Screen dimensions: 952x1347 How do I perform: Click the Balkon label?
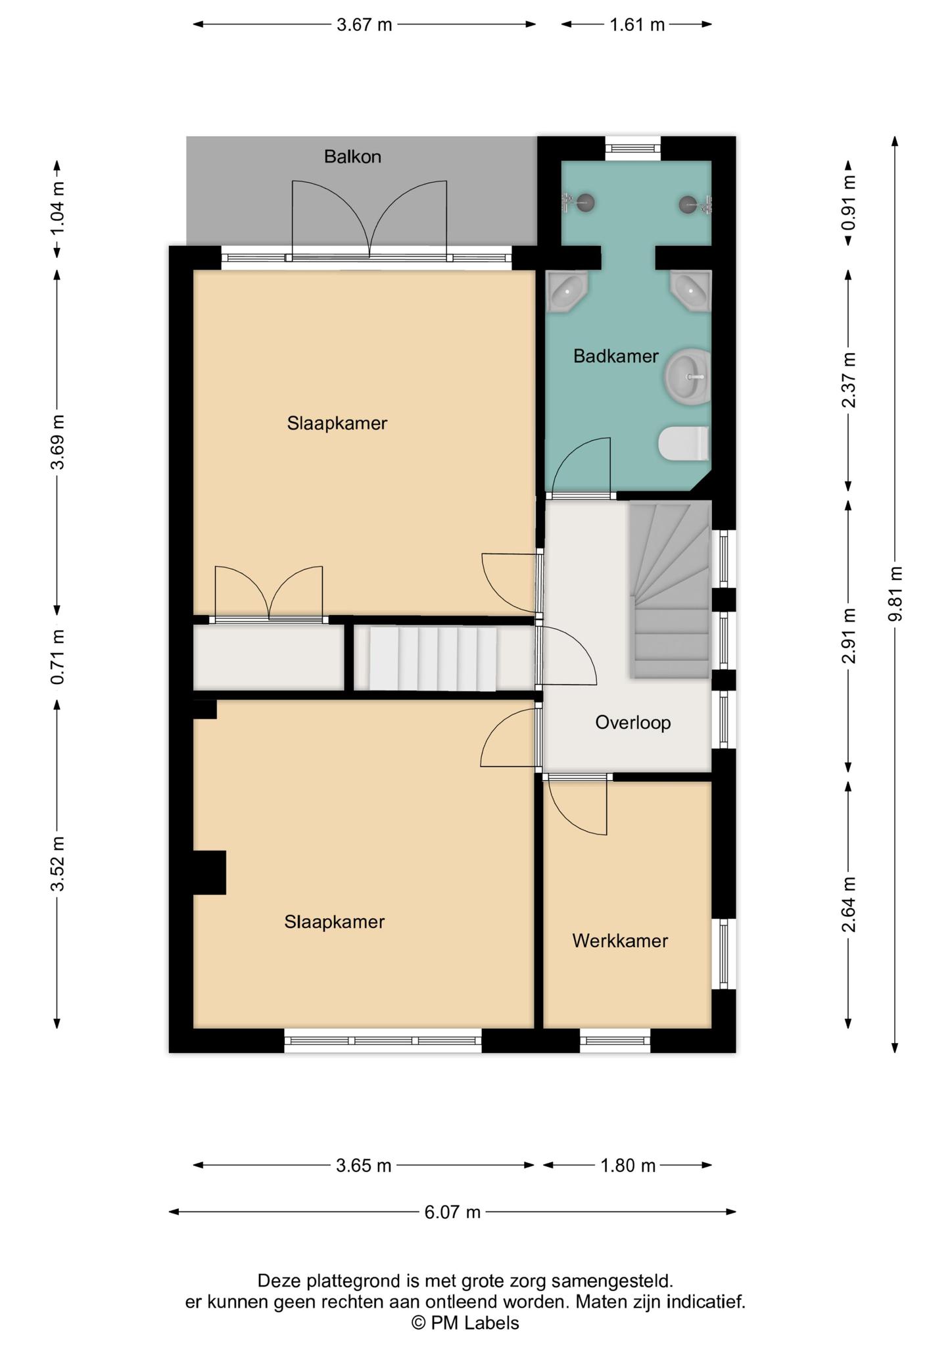pos(352,157)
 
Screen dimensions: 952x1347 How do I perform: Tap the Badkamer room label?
pos(616,356)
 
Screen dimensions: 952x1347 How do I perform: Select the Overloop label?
pos(633,723)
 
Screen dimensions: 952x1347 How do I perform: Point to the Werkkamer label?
pos(620,941)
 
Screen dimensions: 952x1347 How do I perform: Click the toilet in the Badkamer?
pos(684,443)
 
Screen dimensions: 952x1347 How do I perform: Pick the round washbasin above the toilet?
pos(688,376)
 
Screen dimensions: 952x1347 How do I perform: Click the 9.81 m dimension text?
pos(895,594)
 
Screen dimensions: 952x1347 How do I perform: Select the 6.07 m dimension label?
pos(452,1212)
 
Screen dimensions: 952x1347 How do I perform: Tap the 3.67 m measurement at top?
pos(364,25)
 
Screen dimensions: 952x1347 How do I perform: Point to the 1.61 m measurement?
pos(637,25)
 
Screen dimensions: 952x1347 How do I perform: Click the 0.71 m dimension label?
pos(58,656)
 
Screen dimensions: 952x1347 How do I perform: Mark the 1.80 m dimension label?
pos(628,1165)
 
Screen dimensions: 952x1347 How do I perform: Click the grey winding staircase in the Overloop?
pos(670,589)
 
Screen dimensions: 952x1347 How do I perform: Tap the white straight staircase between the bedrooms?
pos(433,659)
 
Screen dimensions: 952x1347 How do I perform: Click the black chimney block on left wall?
pos(209,872)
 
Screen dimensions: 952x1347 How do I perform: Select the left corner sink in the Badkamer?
pos(566,290)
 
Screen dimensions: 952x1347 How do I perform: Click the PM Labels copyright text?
pos(465,1323)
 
